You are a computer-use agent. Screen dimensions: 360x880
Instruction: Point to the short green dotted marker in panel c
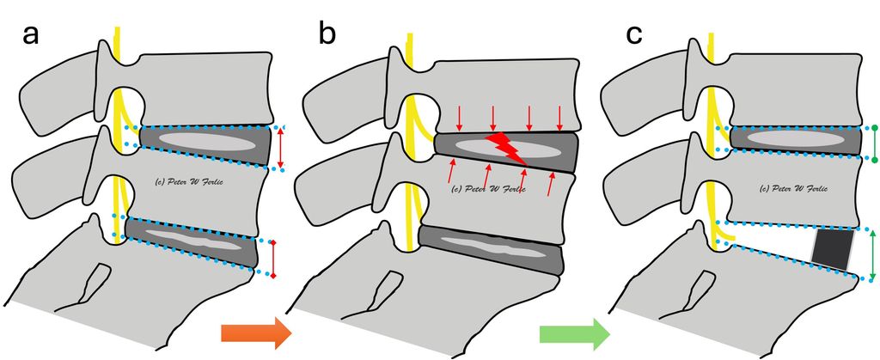[x=874, y=143]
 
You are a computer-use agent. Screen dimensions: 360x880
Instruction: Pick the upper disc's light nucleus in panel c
[x=790, y=138]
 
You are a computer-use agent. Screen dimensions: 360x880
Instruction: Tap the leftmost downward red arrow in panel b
[x=457, y=116]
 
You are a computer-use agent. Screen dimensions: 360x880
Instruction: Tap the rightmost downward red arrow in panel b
[x=560, y=116]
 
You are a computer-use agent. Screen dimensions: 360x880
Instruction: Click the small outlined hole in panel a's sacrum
[x=95, y=284]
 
